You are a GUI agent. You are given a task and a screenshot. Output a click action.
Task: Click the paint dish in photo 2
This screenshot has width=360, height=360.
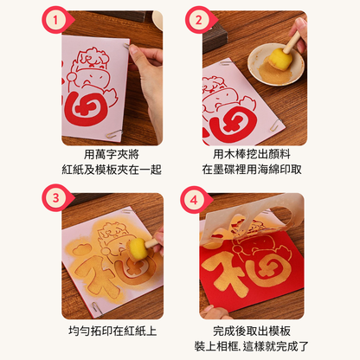(271, 65)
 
